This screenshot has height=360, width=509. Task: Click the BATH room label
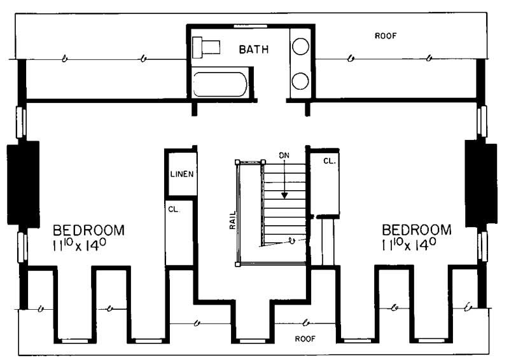[x=254, y=48]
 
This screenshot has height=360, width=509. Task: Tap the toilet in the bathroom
[x=207, y=46]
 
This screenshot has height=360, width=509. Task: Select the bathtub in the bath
[x=220, y=84]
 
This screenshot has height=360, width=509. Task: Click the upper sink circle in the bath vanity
[x=301, y=46]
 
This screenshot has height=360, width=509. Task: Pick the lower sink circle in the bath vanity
[x=301, y=81]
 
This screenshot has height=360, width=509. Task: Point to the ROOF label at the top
[x=386, y=36]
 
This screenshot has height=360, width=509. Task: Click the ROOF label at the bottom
[x=305, y=339]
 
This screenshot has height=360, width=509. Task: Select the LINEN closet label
[x=181, y=174]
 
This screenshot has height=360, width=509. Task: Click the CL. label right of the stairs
[x=329, y=162]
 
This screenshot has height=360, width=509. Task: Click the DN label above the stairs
[x=284, y=155]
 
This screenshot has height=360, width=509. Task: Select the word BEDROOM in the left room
[x=88, y=230]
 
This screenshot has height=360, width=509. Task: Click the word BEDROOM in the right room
[x=417, y=230]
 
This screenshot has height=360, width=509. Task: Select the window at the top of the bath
[x=250, y=26]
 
